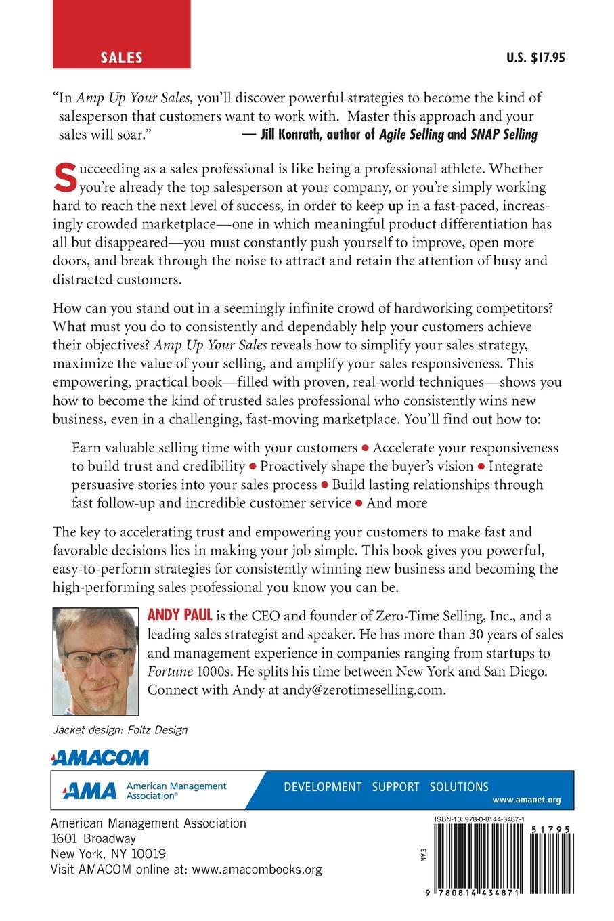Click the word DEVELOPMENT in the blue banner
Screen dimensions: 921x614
pyautogui.click(x=322, y=787)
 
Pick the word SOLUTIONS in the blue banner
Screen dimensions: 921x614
pyautogui.click(x=458, y=787)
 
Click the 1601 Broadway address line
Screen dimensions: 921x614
pyautogui.click(x=93, y=839)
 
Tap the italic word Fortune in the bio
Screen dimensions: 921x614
pyautogui.click(x=169, y=672)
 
